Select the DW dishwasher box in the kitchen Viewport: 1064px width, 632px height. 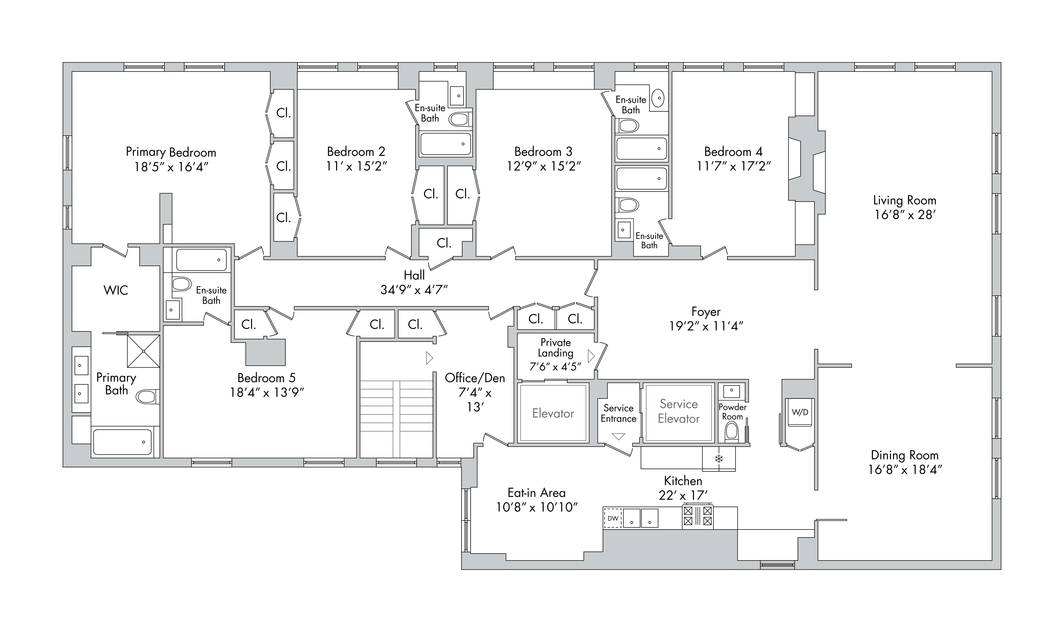click(613, 518)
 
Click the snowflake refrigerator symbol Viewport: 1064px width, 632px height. click(719, 459)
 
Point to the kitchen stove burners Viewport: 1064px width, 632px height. click(697, 516)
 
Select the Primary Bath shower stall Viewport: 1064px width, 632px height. click(143, 351)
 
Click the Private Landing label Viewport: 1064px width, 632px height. click(555, 347)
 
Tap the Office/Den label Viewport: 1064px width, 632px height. click(475, 378)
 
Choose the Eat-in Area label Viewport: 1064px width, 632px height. click(536, 493)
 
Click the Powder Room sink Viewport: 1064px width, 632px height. click(731, 391)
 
